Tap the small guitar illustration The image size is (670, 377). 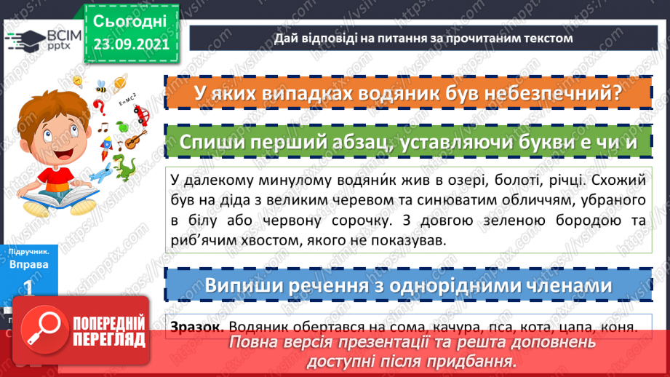coord(131,139)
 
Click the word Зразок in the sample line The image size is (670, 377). coord(194,328)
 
